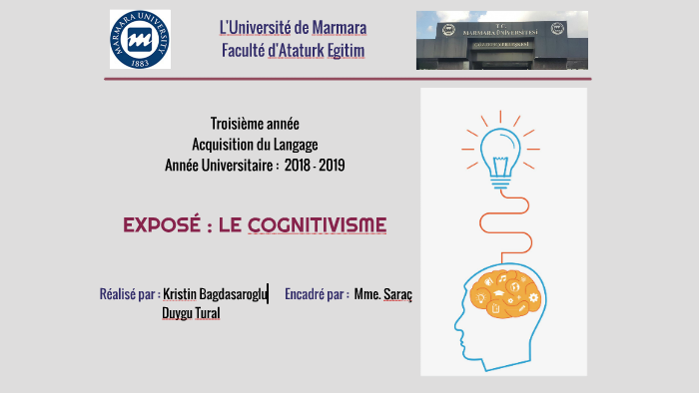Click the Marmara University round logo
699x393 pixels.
[x=140, y=40]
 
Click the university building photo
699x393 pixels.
[x=502, y=40]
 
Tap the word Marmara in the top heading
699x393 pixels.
[x=335, y=27]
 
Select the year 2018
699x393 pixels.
[x=297, y=164]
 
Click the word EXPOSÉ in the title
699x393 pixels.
[x=166, y=225]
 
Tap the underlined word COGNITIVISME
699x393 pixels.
[x=317, y=225]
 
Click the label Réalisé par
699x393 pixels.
[x=129, y=294]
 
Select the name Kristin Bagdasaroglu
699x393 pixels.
[x=215, y=294]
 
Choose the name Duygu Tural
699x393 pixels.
[x=191, y=314]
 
